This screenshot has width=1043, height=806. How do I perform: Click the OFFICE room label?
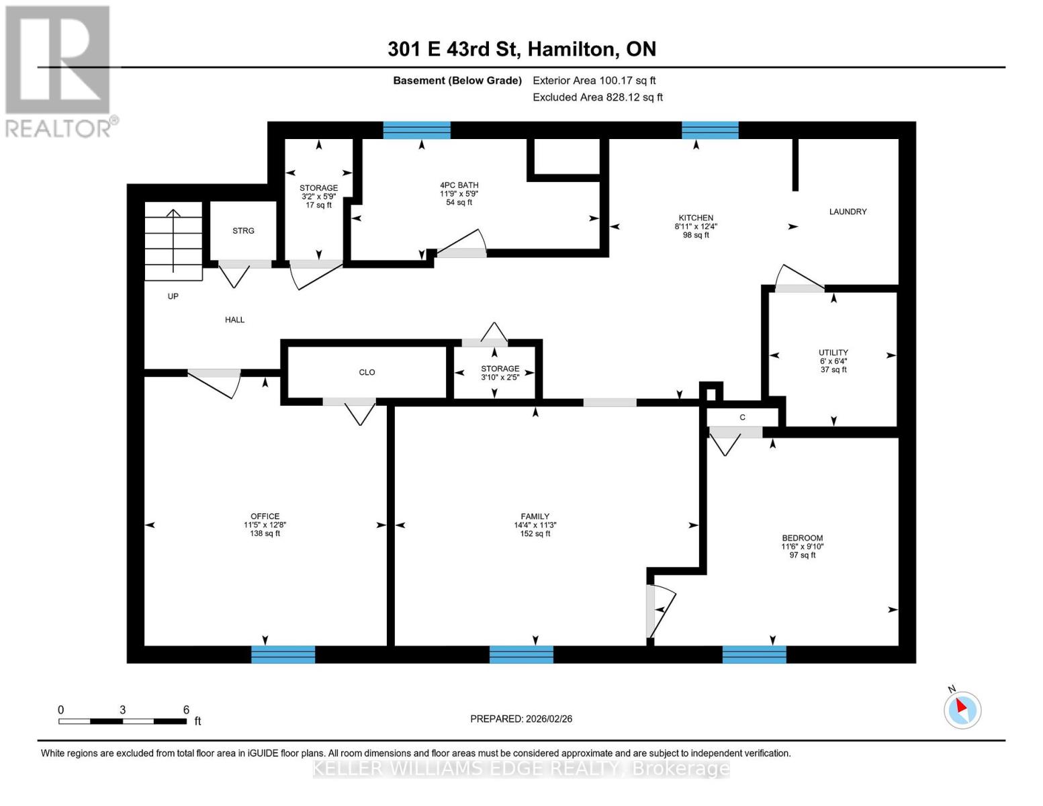[265, 517]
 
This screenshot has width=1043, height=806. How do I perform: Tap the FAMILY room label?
[535, 517]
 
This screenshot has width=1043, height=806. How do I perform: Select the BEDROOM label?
[802, 538]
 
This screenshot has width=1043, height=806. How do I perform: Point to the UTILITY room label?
[833, 353]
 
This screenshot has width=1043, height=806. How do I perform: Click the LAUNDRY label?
[848, 212]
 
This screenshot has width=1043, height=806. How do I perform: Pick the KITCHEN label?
[696, 218]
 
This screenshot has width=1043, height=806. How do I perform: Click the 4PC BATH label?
[459, 185]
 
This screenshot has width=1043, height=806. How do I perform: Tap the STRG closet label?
[243, 231]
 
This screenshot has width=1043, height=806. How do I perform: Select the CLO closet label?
[367, 372]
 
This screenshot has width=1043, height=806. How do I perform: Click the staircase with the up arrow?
[173, 241]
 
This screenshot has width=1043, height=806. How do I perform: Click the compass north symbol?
[962, 709]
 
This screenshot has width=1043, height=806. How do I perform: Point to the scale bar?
[122, 721]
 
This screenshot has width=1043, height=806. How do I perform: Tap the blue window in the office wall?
[283, 654]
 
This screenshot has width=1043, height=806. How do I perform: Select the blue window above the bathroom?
[416, 130]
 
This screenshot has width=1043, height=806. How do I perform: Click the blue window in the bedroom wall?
[754, 654]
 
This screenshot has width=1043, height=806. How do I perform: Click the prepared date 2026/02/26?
[521, 719]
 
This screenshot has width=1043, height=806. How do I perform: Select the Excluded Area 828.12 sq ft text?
[597, 97]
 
